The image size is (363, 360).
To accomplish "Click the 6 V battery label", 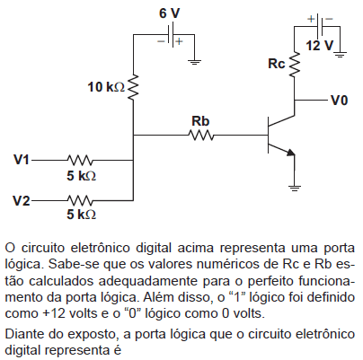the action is point(170,13).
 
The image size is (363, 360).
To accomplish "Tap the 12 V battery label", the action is point(320,46).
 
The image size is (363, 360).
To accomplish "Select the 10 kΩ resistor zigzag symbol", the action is point(133,87).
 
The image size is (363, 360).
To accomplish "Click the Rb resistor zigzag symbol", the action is point(201,136).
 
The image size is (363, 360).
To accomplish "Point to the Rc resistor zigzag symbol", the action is point(295,65).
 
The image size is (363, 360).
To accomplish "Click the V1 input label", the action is point(22,160).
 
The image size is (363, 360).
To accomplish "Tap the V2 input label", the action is point(22,200).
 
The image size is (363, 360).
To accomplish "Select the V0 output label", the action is point(340,101).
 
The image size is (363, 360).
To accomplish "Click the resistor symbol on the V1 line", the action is point(80,160).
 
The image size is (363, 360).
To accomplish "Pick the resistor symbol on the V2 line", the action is point(80,200).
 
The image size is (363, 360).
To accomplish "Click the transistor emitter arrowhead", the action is point(290,153).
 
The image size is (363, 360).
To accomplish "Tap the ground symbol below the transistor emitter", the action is point(295,188).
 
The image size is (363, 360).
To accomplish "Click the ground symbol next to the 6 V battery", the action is point(194,62).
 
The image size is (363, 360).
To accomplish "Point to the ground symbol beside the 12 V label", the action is point(340,54).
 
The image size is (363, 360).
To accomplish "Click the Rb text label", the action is point(200,121).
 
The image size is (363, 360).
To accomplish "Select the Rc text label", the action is point(277,64).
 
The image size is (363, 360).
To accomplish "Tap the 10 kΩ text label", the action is point(106,87).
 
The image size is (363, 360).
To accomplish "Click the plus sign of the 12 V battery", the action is point(312,19).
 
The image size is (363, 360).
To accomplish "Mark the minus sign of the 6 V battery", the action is point(162,41).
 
